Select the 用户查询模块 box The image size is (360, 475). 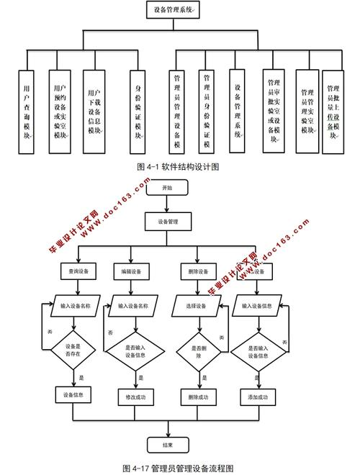pyautogui.click(x=26, y=112)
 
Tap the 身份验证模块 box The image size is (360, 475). pyautogui.click(x=139, y=112)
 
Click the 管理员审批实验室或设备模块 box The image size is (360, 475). pyautogui.click(x=274, y=112)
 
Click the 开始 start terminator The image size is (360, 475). pyautogui.click(x=167, y=187)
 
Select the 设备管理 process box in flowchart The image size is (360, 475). pyautogui.click(x=167, y=221)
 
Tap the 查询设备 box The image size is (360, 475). pyautogui.click(x=73, y=271)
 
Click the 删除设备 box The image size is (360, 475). pyautogui.click(x=196, y=271)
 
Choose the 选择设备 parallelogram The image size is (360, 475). pyautogui.click(x=197, y=306)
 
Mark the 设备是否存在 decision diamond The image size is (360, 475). pyautogui.click(x=73, y=350)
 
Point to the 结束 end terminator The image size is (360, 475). pyautogui.click(x=167, y=443)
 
